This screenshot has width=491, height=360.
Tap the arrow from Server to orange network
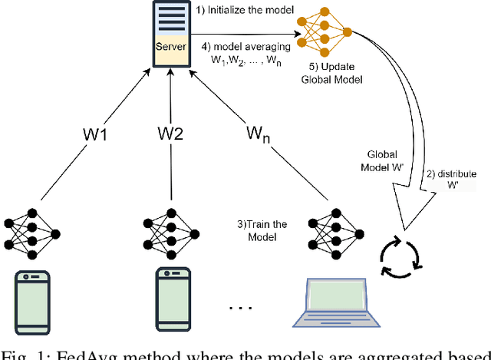coord(253,34)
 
